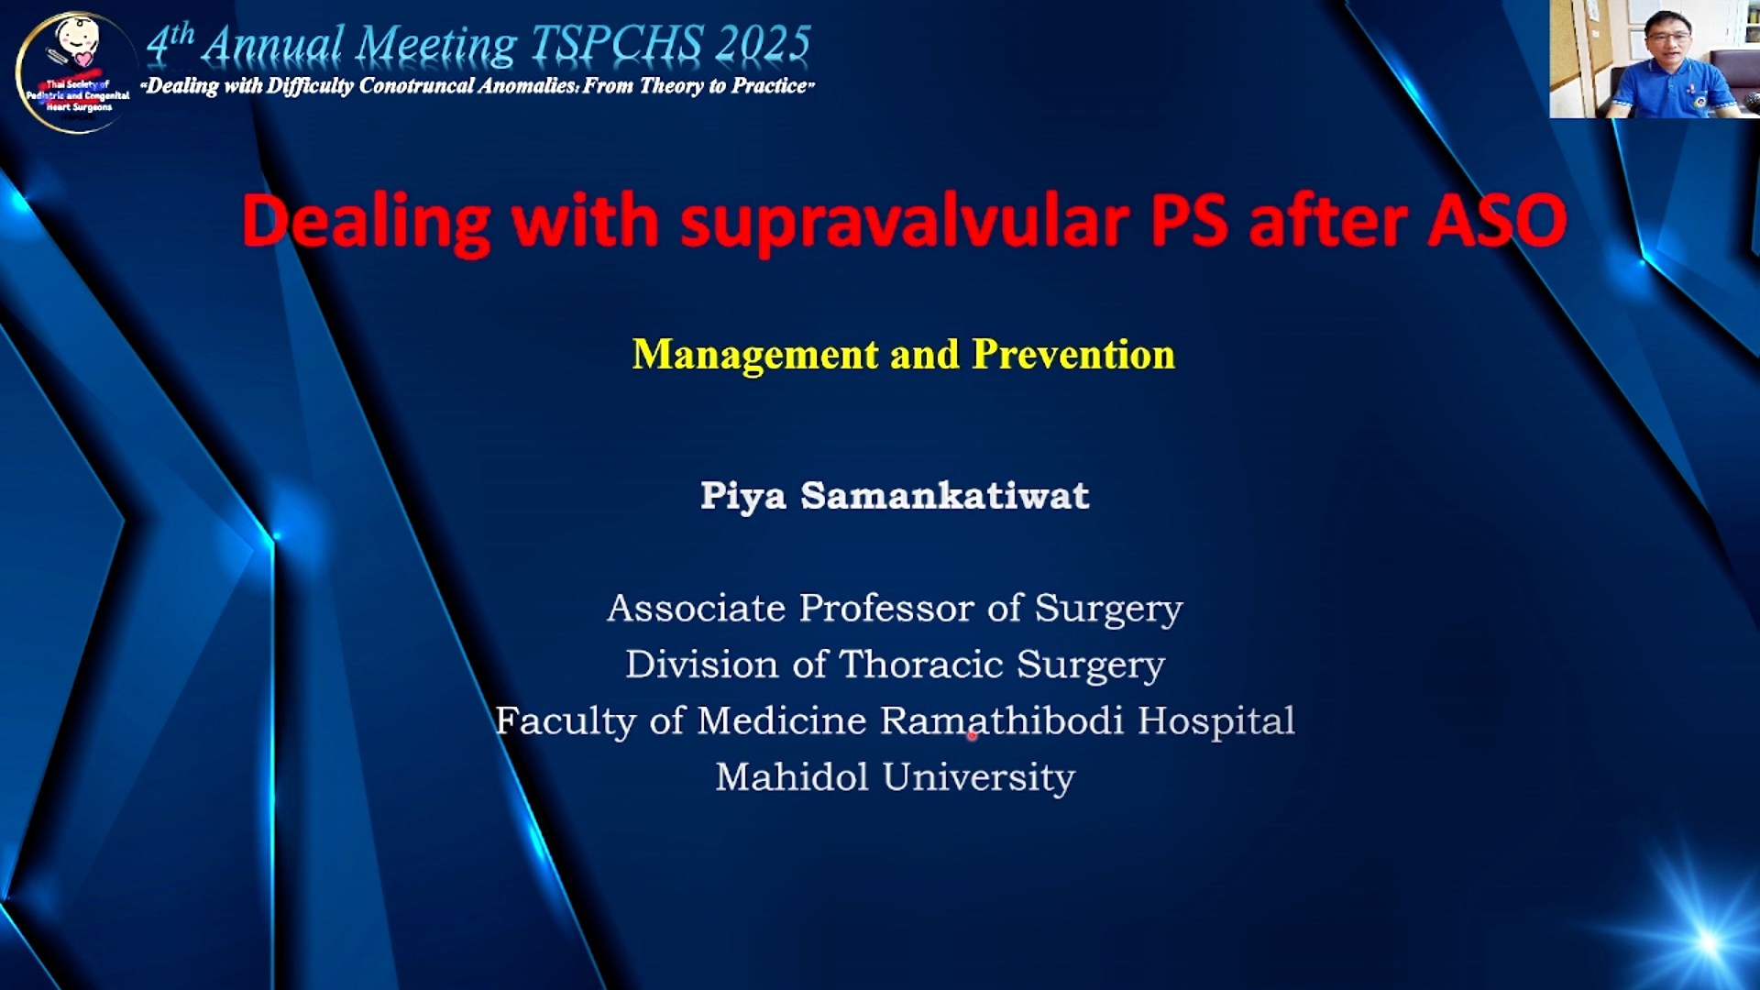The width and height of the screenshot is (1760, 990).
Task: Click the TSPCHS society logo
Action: (x=75, y=73)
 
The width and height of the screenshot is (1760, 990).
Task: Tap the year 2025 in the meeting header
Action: (x=764, y=44)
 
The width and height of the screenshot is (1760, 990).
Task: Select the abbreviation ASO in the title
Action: (x=1497, y=221)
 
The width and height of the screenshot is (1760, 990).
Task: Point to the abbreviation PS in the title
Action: (x=1189, y=221)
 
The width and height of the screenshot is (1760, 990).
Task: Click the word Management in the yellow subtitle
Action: (x=755, y=355)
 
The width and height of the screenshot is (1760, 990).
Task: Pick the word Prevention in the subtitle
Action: (x=1073, y=354)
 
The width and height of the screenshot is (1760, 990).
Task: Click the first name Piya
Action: (x=743, y=497)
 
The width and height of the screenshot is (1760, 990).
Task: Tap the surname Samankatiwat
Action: (x=945, y=496)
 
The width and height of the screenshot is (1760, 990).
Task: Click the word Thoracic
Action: (x=921, y=665)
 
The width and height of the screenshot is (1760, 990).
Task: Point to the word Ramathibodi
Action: (x=1002, y=721)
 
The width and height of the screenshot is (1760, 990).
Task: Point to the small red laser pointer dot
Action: (x=972, y=734)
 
